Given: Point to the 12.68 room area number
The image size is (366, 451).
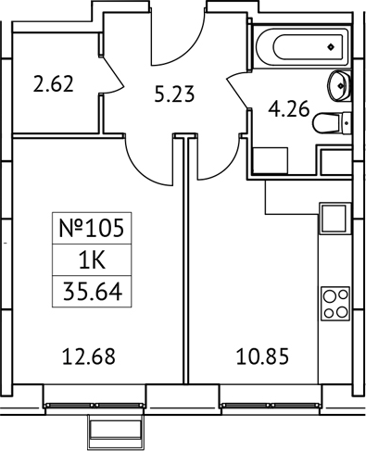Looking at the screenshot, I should coord(90,355).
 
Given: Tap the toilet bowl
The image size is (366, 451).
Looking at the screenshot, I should coord(329,123).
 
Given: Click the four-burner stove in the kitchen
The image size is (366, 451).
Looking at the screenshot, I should coord(334,304).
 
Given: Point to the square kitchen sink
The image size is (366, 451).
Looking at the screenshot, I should coord(333,220).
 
